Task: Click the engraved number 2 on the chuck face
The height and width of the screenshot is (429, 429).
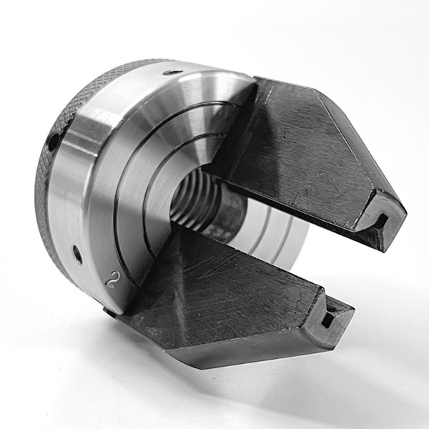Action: (114, 280)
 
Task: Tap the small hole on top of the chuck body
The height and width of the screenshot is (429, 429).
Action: (172, 73)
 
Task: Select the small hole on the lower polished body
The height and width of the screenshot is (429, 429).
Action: (77, 255)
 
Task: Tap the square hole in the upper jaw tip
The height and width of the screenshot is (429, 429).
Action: (383, 220)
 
